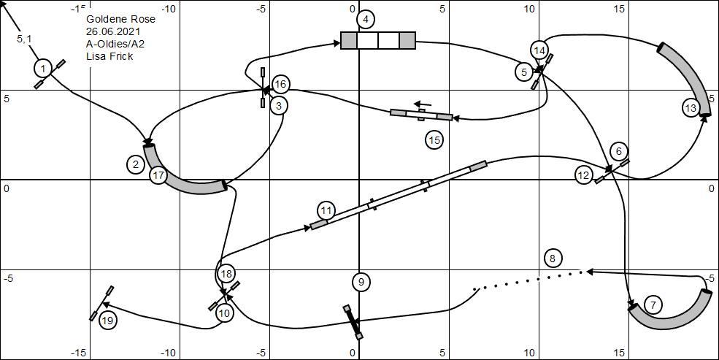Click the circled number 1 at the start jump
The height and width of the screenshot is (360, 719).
click(42, 69)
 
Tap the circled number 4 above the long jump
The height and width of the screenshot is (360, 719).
click(366, 19)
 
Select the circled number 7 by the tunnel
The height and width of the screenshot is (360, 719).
click(653, 305)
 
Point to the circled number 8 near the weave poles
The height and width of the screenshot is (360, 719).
click(553, 258)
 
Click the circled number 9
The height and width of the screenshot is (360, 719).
click(361, 282)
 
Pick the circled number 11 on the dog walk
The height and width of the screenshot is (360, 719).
click(326, 211)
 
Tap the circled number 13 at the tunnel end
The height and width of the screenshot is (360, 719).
click(691, 108)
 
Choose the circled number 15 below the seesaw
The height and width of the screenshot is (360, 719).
click(434, 140)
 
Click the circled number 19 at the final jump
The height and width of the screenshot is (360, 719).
click(107, 320)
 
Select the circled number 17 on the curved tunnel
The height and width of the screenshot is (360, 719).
click(158, 175)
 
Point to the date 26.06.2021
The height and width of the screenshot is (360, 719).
click(113, 31)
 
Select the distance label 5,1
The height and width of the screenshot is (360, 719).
click(24, 39)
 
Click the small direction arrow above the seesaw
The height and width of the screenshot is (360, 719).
click(423, 104)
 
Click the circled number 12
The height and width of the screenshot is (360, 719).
click(584, 175)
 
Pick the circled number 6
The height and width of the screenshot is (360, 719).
click(619, 150)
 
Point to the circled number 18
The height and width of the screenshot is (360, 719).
click(226, 274)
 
